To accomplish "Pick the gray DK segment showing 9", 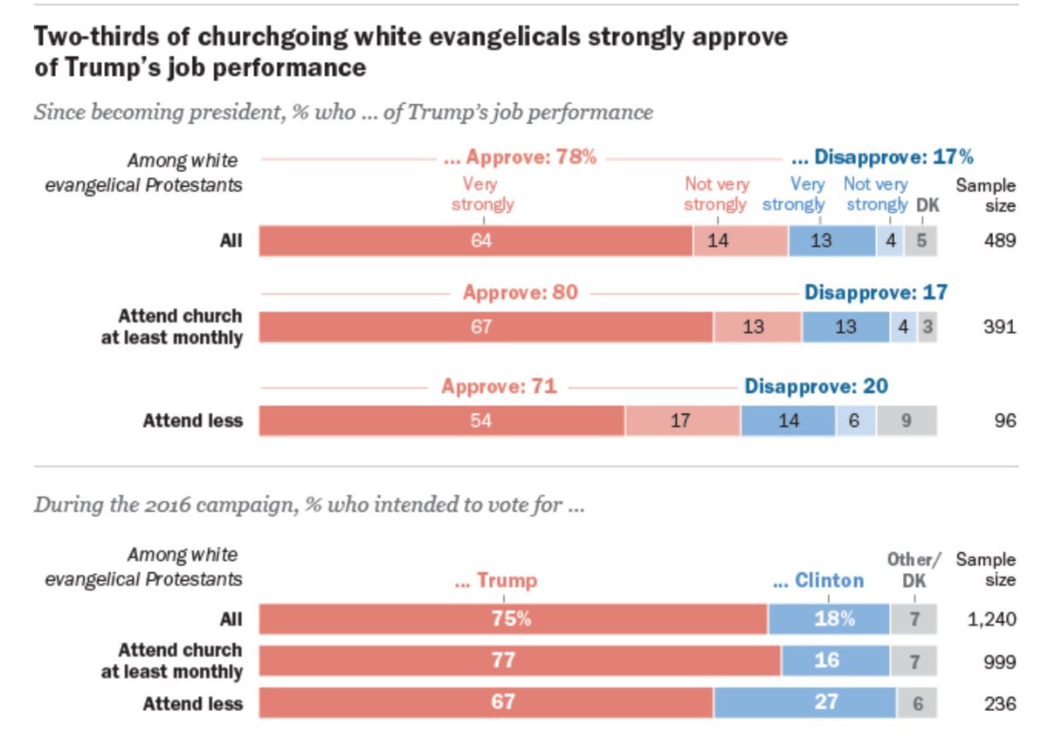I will (907, 421).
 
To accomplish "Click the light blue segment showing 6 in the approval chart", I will (854, 421).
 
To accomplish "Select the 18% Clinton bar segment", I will (828, 618).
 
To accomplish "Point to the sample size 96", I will (1004, 421).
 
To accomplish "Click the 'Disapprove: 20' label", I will (816, 385).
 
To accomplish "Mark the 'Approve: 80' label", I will (521, 292).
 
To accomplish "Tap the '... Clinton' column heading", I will (817, 580).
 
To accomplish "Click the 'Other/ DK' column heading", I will (914, 570).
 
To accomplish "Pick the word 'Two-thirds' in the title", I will (91, 37).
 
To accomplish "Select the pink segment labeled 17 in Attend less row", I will (682, 421).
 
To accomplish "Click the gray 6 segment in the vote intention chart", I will (915, 701).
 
